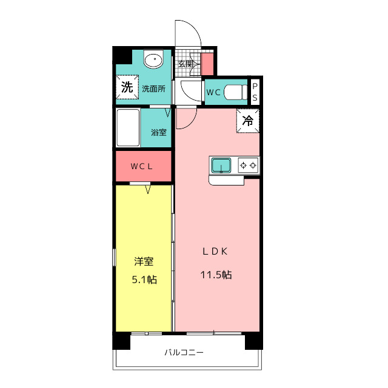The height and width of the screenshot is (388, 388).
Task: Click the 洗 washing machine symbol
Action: [x=127, y=87]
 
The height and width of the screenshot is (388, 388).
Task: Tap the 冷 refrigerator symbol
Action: [x=248, y=121]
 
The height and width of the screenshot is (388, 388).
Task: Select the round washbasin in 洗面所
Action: [x=153, y=61]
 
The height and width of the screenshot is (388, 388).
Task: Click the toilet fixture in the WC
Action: [x=235, y=93]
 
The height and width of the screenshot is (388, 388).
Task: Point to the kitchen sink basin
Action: [x=221, y=164]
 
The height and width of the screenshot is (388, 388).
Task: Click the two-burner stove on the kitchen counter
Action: [x=248, y=164]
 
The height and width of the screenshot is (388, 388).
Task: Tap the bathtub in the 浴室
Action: [x=128, y=127]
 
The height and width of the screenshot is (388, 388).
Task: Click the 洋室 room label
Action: [x=144, y=262]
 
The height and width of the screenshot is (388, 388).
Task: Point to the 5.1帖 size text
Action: [x=144, y=279]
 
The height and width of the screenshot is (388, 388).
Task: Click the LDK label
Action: [x=215, y=252]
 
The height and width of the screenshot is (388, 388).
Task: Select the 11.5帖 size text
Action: [x=216, y=275]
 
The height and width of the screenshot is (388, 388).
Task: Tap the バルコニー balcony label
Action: [x=184, y=352]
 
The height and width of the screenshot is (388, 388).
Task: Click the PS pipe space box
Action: [x=255, y=92]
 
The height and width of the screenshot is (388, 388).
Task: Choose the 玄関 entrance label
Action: [x=185, y=64]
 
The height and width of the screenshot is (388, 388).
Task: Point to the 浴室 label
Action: [x=159, y=132]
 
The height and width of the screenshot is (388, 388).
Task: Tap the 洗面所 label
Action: [x=153, y=88]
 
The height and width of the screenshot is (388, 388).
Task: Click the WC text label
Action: [x=213, y=93]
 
